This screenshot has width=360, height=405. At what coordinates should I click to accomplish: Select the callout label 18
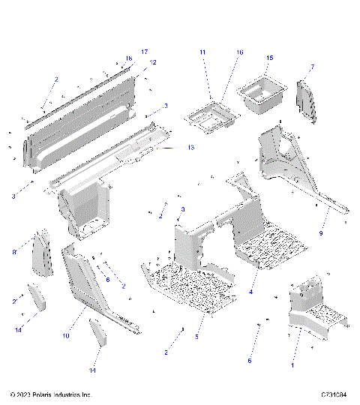click(128, 58)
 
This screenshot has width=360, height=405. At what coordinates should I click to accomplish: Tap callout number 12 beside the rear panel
click(153, 62)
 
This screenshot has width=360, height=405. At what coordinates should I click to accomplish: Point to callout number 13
click(190, 148)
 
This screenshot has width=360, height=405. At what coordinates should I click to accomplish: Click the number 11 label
click(202, 52)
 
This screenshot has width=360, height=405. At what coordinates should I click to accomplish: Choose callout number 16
click(240, 52)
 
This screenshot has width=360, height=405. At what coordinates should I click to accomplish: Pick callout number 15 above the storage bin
click(270, 58)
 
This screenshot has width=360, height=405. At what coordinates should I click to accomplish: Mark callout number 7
click(312, 67)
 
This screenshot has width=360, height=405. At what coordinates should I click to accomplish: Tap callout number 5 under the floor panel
click(196, 337)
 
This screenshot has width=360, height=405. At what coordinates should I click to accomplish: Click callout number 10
click(66, 336)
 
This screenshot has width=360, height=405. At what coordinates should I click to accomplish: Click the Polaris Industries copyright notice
click(51, 394)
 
